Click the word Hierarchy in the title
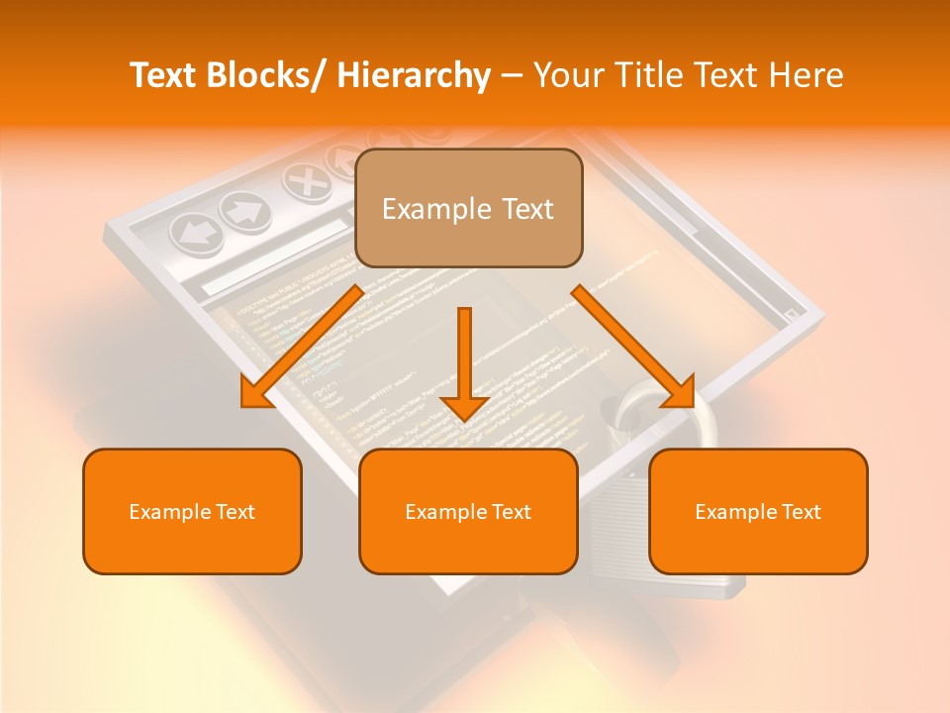tap(414, 76)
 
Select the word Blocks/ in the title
tap(266, 76)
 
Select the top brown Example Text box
tap(468, 209)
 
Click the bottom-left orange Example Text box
tap(192, 512)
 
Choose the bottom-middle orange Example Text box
tap(468, 512)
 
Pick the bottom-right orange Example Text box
tap(758, 512)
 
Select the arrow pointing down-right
tap(634, 348)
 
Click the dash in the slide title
tap(512, 76)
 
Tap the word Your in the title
tap(567, 76)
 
